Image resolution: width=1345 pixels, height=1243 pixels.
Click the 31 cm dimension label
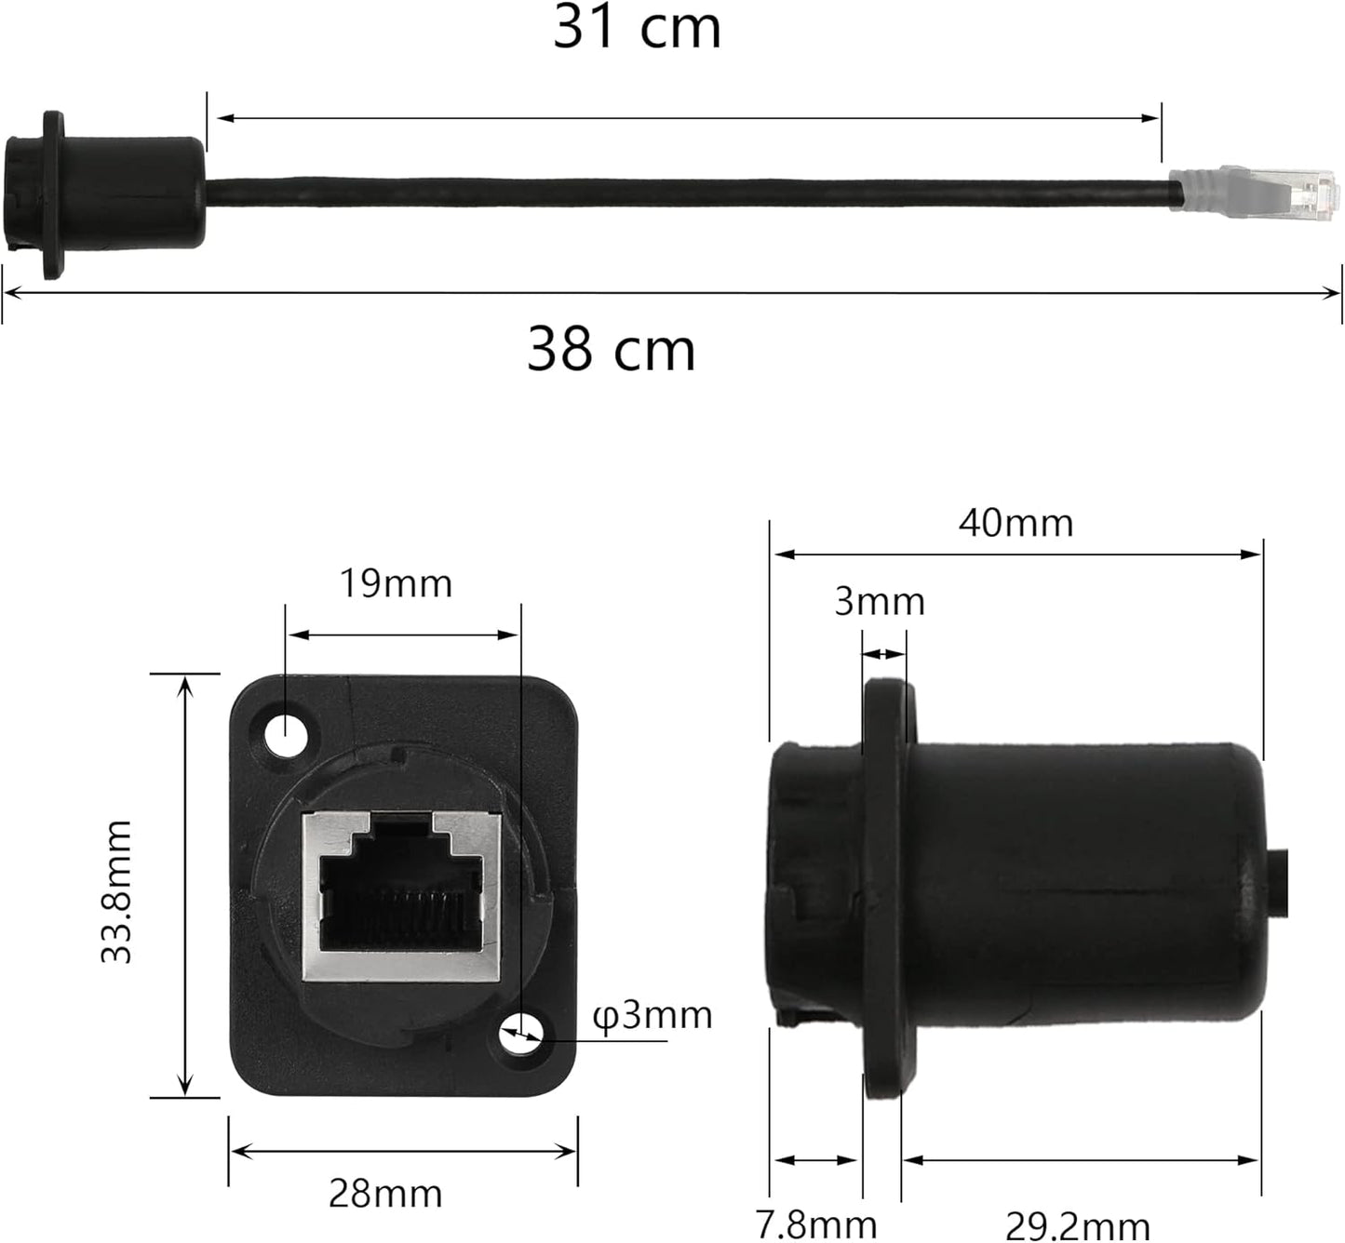click(638, 27)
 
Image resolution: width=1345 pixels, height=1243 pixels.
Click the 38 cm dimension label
click(612, 349)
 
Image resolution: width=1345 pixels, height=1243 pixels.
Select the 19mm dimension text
click(395, 583)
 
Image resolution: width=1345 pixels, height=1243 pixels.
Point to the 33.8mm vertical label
click(117, 891)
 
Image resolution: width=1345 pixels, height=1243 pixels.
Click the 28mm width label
click(385, 1193)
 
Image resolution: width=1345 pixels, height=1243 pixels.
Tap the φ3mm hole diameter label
click(652, 1014)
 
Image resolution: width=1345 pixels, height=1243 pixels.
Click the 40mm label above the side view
click(1015, 523)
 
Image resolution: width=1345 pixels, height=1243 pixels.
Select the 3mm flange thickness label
click(879, 602)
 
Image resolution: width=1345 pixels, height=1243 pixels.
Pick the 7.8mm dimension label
click(816, 1224)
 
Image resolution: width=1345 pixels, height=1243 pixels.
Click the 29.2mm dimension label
click(1078, 1225)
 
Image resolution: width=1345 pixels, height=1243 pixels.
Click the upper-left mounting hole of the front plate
click(285, 737)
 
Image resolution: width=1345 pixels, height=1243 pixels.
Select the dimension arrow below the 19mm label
click(402, 635)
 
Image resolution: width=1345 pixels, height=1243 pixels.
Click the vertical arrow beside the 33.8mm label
click(185, 884)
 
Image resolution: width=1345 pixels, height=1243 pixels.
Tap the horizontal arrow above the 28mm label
click(403, 1152)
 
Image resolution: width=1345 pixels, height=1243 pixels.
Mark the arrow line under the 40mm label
click(1016, 555)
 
